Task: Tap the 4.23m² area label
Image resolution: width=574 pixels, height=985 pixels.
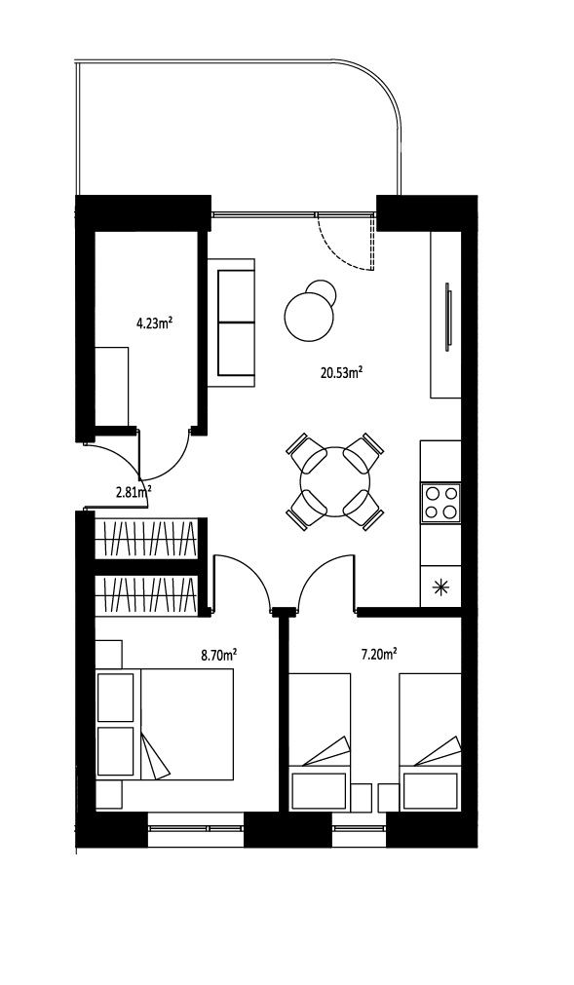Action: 155,324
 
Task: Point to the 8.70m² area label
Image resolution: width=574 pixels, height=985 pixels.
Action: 218,657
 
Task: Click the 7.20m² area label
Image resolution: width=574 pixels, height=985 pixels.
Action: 378,655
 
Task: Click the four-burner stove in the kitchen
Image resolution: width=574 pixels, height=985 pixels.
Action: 440,503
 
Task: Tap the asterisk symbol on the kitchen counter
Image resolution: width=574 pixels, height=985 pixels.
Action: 441,587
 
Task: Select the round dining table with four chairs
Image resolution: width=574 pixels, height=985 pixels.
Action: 334,482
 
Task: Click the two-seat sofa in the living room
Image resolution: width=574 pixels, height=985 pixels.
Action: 231,322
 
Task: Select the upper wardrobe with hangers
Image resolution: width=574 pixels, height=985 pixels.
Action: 147,539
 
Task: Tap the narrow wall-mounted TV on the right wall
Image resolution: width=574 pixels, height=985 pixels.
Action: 448,317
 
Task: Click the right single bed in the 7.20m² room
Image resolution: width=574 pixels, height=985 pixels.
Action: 431,741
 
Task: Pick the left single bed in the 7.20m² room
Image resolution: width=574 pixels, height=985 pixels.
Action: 319,741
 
